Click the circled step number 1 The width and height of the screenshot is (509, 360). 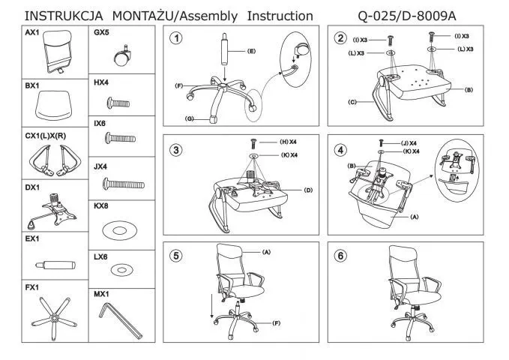coord(175,38)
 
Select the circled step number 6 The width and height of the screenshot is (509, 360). coord(342,256)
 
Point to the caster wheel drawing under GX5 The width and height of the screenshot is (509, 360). coord(120,55)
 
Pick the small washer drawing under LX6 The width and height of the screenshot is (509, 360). coord(121,268)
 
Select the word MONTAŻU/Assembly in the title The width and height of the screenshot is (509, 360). coord(176,15)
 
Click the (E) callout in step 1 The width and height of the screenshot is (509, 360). coord(251,51)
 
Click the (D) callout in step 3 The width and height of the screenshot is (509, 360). coord(308,190)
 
